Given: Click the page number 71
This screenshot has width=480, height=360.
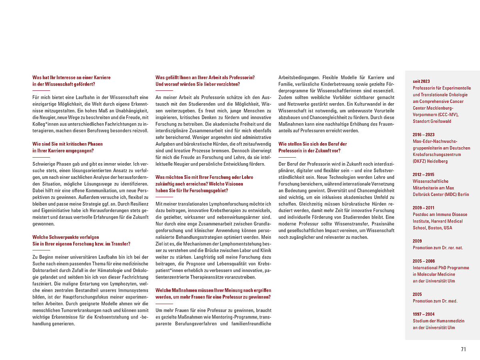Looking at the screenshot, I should coord(463,349).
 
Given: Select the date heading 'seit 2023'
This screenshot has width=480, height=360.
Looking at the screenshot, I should coord(421,81).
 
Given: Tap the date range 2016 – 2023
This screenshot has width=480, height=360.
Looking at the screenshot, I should coord(424,135).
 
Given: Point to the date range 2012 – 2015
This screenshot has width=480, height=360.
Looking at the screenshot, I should coord(424,174).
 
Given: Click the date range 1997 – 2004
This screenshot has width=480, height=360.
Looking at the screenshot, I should coord(424,314).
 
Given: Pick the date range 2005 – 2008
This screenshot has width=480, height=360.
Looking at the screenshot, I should coord(424,261).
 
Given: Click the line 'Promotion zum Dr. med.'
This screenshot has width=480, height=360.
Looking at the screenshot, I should coord(435,301).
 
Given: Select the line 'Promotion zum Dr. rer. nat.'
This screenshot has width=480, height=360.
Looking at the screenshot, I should coord(438,248).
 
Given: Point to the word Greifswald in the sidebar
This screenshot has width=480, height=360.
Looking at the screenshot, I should coord(440,121).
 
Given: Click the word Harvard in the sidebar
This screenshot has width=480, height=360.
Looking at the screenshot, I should coord(439,221).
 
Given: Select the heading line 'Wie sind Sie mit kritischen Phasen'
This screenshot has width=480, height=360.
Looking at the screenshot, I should coord(68,144).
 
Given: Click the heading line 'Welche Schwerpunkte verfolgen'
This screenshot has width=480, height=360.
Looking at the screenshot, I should coord(66,237).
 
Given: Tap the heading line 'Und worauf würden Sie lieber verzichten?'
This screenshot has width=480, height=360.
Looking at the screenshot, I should coord(198,84).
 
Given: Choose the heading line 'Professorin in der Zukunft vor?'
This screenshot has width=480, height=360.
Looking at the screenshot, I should coord(309,151).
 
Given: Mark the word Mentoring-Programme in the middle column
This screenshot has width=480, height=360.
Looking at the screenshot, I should coord(228,317).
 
